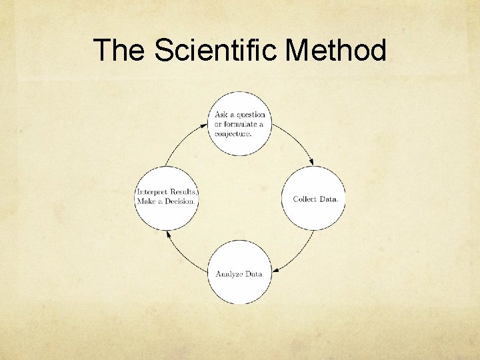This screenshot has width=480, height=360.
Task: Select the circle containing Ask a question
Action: tap(240, 124)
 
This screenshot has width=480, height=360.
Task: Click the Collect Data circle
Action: tap(313, 199)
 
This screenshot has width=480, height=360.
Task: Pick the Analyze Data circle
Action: tap(239, 273)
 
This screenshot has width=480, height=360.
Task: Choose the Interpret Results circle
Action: tap(167, 198)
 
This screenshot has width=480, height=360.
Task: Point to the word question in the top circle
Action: tap(249, 115)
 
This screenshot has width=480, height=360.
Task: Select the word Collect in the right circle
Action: tap(304, 199)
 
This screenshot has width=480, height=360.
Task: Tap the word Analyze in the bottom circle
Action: tap(228, 274)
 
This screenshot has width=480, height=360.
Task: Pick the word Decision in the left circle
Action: tap(180, 201)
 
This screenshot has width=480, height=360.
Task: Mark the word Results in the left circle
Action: tap(183, 193)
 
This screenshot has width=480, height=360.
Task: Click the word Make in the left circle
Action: tap(146, 201)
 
